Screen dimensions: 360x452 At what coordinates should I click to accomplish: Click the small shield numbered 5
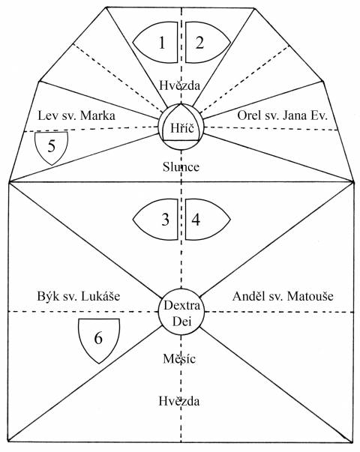click(51, 148)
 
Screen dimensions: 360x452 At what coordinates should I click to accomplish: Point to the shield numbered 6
click(99, 340)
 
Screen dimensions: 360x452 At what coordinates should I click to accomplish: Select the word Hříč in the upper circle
click(181, 128)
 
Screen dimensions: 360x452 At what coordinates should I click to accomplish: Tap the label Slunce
click(181, 167)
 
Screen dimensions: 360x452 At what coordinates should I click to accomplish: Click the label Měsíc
click(179, 358)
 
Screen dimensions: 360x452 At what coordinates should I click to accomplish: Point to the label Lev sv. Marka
click(76, 115)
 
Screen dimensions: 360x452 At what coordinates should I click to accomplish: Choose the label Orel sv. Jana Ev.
click(283, 115)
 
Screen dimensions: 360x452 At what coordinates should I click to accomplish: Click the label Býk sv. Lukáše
click(79, 296)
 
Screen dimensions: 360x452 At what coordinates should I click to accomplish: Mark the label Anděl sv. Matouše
click(283, 296)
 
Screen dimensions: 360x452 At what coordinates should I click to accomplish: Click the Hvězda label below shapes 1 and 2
click(179, 85)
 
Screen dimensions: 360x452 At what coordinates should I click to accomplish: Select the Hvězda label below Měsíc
click(178, 401)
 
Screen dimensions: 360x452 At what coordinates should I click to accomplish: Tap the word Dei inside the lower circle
click(181, 322)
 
